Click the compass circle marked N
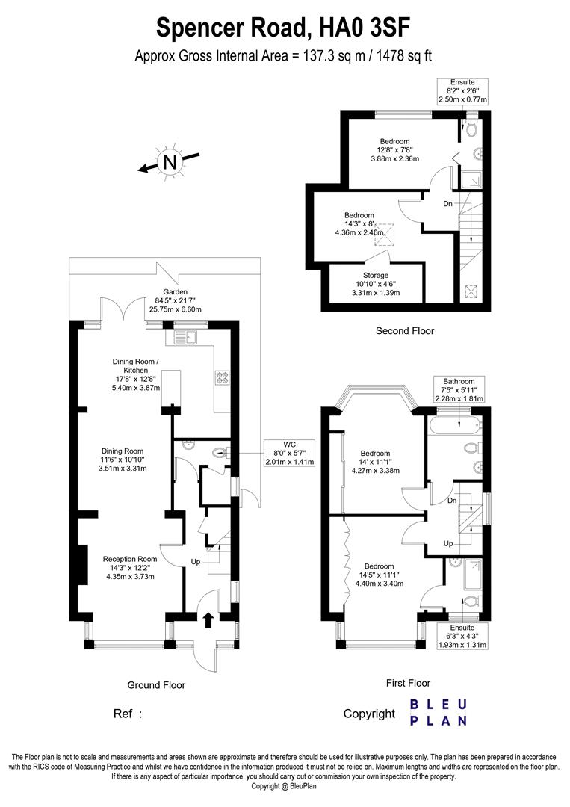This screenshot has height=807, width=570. click(x=170, y=161)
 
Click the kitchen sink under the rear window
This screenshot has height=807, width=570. click(x=185, y=338)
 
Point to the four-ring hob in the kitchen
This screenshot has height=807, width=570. click(x=222, y=377)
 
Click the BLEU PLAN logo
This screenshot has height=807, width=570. click(x=439, y=713)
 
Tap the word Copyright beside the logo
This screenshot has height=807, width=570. click(x=369, y=714)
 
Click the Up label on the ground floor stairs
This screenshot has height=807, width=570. click(x=196, y=561)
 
